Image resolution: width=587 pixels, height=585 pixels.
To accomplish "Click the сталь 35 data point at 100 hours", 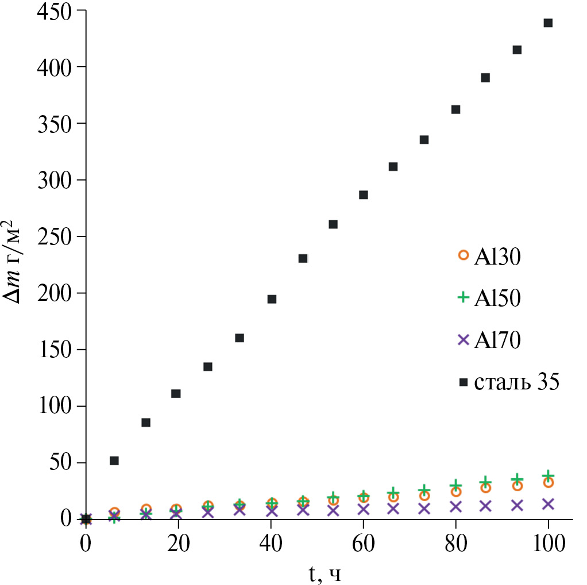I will click(548, 23).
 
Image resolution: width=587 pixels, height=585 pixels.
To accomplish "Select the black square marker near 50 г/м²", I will click(114, 460).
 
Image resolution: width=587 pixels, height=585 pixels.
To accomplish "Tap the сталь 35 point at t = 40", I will click(272, 299).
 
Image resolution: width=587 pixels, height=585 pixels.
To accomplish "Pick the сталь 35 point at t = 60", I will click(363, 194).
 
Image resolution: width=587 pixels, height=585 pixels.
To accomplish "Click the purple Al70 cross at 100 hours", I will click(548, 504).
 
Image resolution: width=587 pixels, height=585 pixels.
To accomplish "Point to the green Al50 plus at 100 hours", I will click(548, 476).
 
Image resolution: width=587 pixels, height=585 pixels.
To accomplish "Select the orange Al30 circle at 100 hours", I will click(548, 483).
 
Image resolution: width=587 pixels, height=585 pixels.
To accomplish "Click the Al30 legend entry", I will click(497, 257).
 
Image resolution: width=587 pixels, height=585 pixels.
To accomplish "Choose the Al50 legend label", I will click(497, 298).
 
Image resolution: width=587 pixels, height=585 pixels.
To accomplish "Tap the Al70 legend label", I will click(497, 340).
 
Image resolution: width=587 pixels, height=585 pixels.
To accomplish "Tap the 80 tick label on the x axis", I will click(456, 542).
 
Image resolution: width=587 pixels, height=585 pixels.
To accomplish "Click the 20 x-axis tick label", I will click(179, 542).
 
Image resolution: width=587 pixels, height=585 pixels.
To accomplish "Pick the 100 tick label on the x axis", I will click(548, 542).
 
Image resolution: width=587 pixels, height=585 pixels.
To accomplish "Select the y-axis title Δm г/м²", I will click(14, 262).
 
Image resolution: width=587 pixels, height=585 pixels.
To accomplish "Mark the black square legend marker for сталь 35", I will click(463, 382).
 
